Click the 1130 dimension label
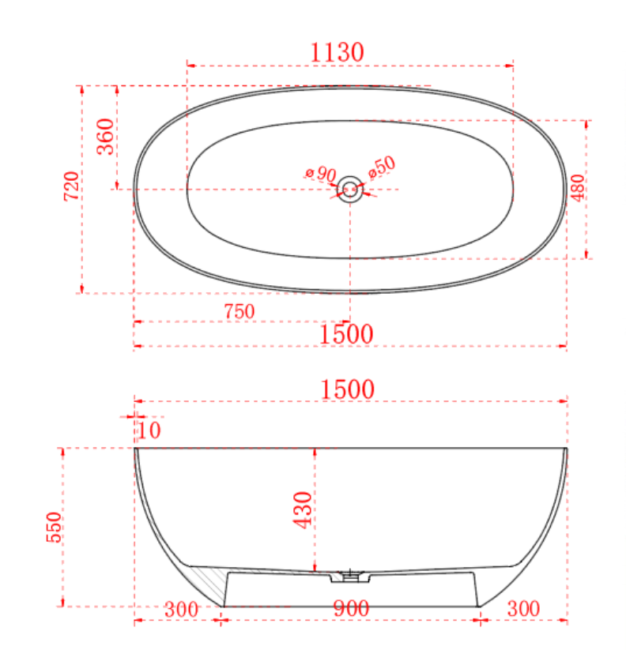pos(338,53)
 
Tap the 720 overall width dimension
pos(71,186)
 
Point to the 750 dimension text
pos(239,312)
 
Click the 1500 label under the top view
pos(346,334)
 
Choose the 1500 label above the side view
pos(347,389)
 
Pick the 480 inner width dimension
pos(577,190)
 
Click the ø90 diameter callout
pos(320,174)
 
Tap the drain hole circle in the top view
pos(349,189)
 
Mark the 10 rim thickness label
pos(149,430)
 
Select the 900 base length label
pos(352,609)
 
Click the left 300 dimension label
pos(181,609)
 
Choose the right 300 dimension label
pos(523,609)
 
